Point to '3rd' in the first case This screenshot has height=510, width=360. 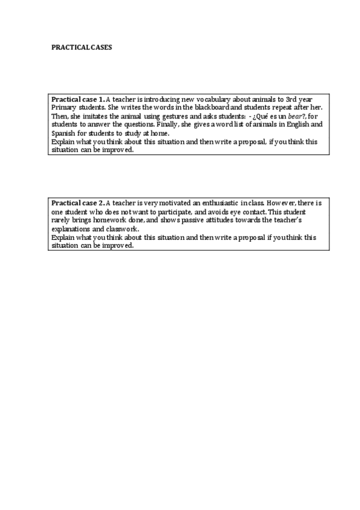tap(294, 99)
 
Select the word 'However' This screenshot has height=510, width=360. tap(284, 204)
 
